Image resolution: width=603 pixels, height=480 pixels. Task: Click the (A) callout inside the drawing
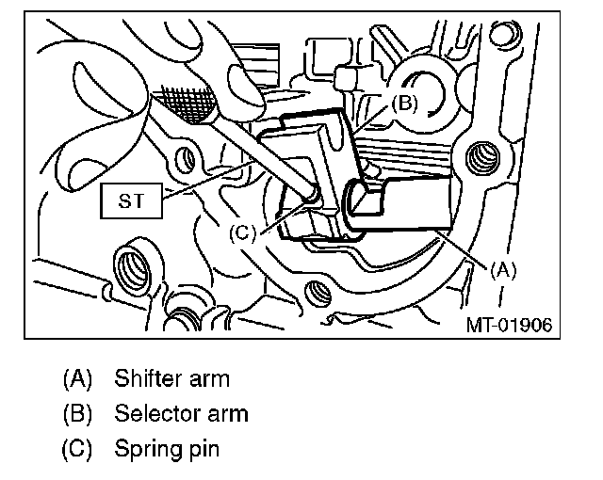pos(504,268)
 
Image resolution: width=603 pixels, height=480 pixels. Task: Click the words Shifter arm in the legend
pos(171,380)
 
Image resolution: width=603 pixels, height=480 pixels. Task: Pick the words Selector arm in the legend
pos(181,413)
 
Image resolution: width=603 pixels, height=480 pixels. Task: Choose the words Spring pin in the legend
pos(167,448)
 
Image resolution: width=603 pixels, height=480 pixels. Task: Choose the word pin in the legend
pos(204,448)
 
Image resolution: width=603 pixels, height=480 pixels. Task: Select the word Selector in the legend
pos(150,413)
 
